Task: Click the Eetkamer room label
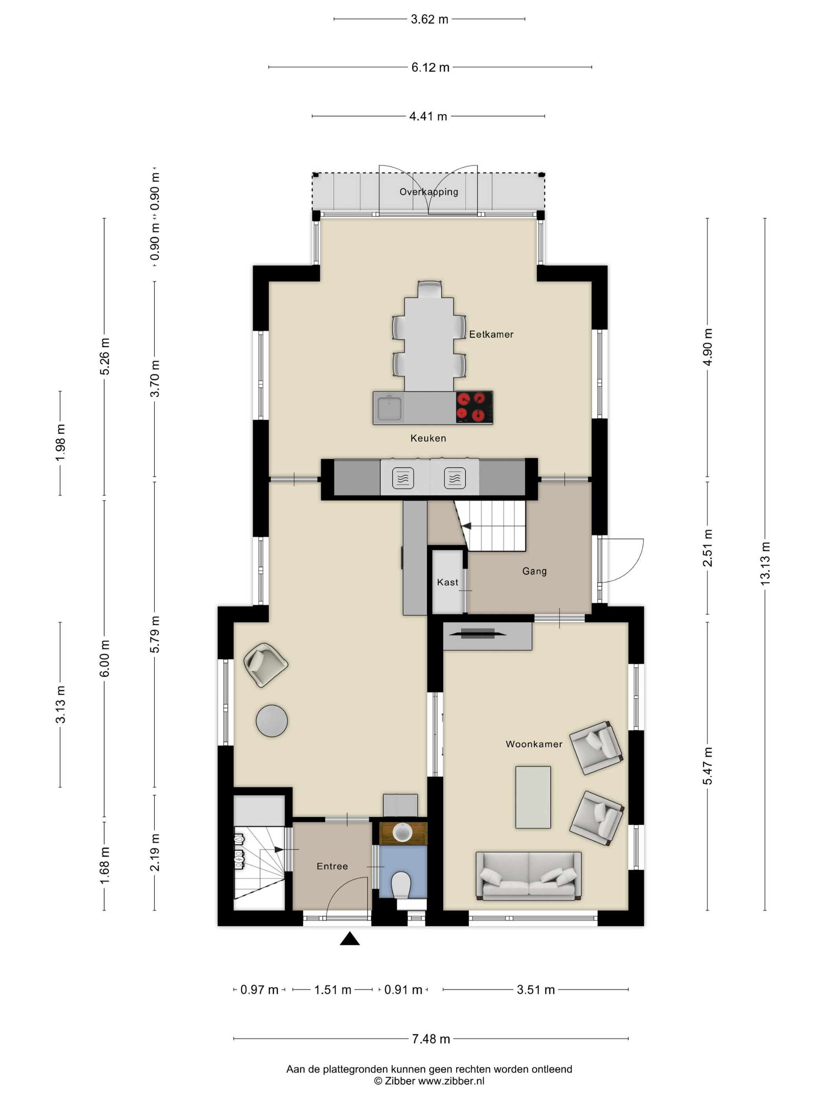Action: coord(491,334)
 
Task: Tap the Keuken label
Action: coord(428,438)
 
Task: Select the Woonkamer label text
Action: coord(534,744)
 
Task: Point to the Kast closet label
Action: coord(447,582)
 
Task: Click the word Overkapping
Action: coord(429,192)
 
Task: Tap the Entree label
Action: coord(332,866)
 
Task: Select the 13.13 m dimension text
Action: coord(765,563)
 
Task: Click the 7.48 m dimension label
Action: coord(431,1039)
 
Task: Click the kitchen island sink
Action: coord(389,408)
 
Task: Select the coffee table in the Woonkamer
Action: coord(533,797)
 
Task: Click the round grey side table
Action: coord(271,720)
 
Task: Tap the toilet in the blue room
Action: coord(401,885)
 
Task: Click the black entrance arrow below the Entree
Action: coord(350,938)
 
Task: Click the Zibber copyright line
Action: coord(429,1081)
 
